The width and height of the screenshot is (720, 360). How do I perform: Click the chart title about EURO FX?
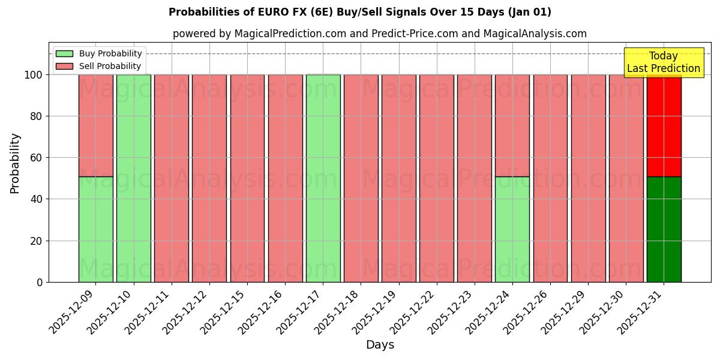point(359,12)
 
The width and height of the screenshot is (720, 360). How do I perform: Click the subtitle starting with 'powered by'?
point(379,34)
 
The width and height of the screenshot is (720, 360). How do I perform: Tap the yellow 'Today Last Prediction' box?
point(663,62)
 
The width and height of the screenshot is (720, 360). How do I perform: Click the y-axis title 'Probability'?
point(15,163)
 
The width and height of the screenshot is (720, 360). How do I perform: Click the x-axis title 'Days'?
point(380,345)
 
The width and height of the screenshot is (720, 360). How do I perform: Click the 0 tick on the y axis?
point(40,282)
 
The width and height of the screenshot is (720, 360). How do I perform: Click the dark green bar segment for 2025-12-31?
point(664,229)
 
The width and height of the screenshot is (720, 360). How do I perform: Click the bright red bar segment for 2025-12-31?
point(664,125)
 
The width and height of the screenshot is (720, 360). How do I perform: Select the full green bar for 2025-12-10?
point(133,178)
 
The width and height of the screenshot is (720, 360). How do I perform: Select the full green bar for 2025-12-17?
point(323,178)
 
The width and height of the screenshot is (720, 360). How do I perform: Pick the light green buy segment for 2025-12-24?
point(512,229)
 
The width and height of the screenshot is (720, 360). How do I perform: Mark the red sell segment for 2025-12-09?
point(95,125)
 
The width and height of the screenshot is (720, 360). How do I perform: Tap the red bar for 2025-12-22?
point(436,178)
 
